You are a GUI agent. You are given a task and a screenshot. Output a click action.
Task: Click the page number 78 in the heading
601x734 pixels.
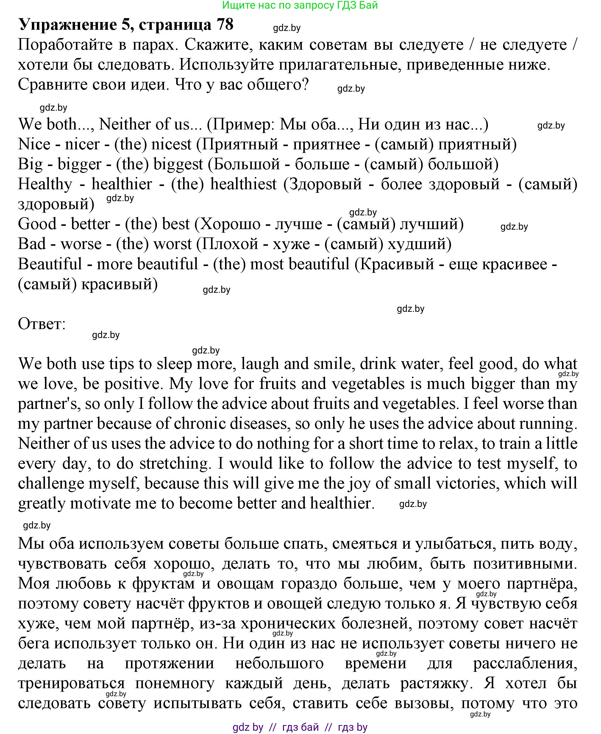point(225,24)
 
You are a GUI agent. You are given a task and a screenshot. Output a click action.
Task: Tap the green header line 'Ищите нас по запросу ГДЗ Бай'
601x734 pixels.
point(300,5)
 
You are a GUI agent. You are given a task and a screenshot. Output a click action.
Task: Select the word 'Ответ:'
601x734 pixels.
point(42,324)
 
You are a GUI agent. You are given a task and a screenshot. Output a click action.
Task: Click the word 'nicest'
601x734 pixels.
point(171,144)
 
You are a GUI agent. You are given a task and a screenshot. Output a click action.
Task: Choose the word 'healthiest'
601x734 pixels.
point(243,184)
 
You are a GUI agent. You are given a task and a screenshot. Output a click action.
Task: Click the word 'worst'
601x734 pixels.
point(172,244)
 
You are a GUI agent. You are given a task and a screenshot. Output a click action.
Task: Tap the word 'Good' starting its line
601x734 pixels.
point(37,224)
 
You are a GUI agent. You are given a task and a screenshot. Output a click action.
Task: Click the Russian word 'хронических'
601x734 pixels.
point(288,623)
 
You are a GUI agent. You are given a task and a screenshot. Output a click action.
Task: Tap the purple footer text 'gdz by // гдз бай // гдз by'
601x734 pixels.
point(300,727)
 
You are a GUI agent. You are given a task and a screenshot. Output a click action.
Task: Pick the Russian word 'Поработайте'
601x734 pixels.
point(65,45)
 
